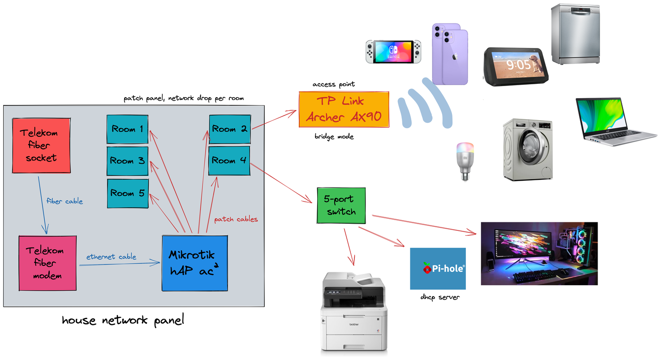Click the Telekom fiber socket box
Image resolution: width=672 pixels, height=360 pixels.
coord(41,145)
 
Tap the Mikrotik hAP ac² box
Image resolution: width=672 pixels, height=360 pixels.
coord(194,263)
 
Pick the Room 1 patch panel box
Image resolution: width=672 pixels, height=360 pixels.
coord(127,129)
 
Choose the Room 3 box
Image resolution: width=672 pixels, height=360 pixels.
coord(127,160)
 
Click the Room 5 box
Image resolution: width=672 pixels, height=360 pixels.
coord(127,193)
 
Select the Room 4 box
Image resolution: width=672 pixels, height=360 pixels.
coord(229,160)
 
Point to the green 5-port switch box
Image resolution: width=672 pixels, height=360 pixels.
coord(341,206)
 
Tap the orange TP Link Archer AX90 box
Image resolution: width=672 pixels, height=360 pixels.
coord(344,110)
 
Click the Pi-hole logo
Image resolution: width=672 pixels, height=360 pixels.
coord(438,268)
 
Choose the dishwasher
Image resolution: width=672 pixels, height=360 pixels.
coord(575,34)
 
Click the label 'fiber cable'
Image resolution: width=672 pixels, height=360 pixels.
coord(65,201)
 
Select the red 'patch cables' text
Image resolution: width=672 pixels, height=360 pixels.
coord(236,219)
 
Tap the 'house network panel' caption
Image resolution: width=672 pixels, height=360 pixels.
coord(123,321)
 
